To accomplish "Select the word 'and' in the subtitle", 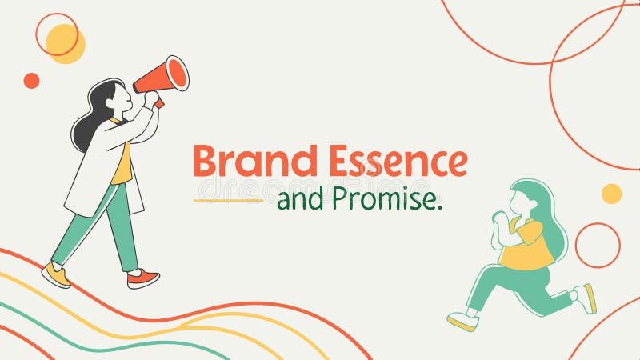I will point(296,201).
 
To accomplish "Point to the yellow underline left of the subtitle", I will point(228,200).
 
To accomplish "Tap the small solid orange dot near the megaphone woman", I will point(31,80).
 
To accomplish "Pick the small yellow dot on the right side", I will point(611,194).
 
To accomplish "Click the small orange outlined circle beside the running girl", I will point(598,245).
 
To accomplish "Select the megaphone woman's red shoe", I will point(143,279).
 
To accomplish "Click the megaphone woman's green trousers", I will point(120,220).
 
